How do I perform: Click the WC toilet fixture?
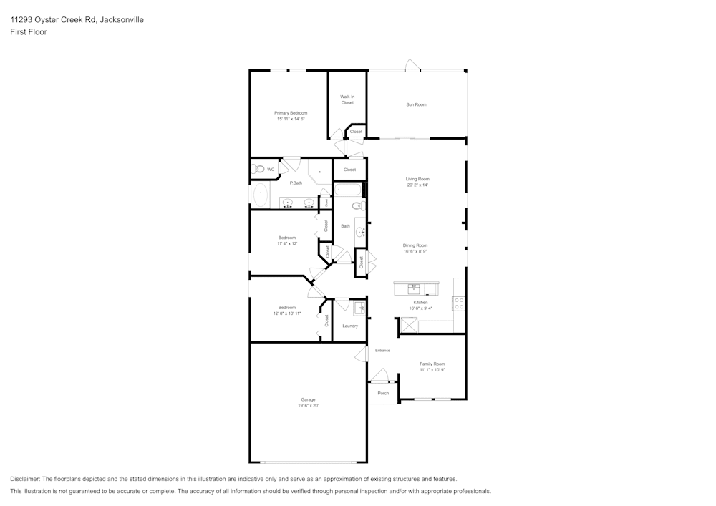click(258, 169)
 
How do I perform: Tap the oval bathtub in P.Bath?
click(261, 195)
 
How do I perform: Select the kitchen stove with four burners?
click(458, 303)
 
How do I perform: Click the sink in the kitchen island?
click(413, 288)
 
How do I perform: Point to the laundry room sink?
click(359, 308)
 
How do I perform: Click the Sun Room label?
click(416, 104)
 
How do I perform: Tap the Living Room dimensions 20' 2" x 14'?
click(417, 185)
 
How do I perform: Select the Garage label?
click(308, 399)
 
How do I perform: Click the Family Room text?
click(432, 364)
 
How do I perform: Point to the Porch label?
click(383, 393)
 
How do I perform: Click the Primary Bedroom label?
click(291, 112)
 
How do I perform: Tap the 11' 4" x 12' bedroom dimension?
click(287, 243)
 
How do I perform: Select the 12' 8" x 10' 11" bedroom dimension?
click(287, 313)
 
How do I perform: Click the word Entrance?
click(382, 350)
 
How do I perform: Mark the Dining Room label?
click(415, 245)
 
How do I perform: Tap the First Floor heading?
click(29, 32)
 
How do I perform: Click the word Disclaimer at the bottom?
click(25, 479)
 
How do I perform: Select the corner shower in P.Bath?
click(319, 172)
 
